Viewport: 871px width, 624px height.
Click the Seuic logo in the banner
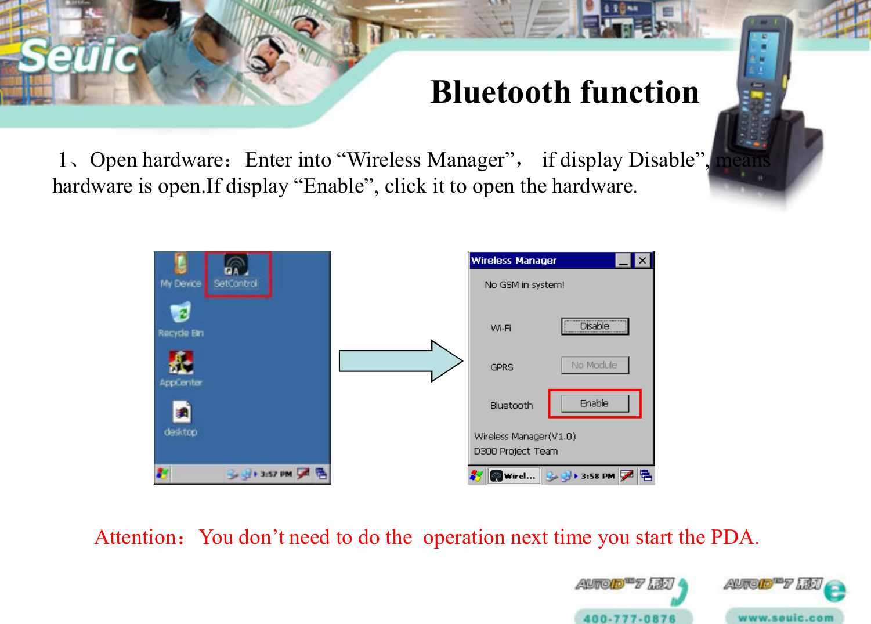(x=79, y=56)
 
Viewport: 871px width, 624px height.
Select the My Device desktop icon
(x=180, y=272)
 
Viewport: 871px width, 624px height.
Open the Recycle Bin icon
(x=181, y=319)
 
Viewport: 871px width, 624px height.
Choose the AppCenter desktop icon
(x=181, y=369)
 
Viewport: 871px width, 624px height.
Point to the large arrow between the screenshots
(x=400, y=361)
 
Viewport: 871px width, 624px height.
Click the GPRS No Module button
(x=595, y=365)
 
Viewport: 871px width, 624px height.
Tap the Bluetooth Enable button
(x=595, y=403)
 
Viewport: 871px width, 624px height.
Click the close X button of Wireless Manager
(x=642, y=261)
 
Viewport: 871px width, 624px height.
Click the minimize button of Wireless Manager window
(x=623, y=261)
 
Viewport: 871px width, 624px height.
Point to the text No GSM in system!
(x=524, y=285)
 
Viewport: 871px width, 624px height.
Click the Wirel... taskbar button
(x=514, y=476)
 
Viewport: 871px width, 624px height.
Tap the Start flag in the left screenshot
(x=162, y=474)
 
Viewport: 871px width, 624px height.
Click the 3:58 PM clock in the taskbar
(x=597, y=476)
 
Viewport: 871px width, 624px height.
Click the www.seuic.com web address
(x=785, y=618)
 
